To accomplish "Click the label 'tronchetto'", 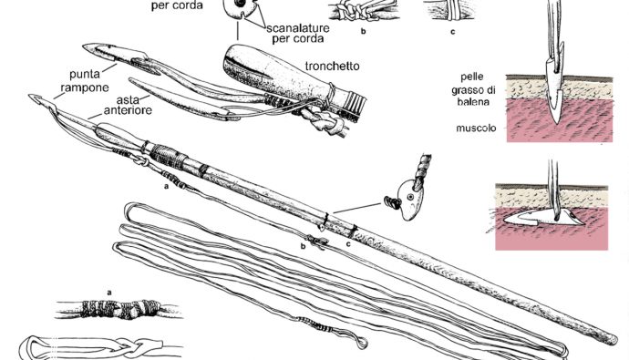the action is point(332,66).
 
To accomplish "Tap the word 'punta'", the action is point(84,75).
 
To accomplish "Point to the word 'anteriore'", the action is point(128,110).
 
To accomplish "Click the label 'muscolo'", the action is point(476,129).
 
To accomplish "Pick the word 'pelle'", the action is point(472,77).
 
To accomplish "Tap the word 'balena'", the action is point(473,102).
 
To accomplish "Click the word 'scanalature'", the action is point(298,28).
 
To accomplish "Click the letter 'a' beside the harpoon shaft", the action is point(165,186).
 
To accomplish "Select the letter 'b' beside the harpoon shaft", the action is point(304,245).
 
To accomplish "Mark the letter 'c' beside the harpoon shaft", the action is point(348,243).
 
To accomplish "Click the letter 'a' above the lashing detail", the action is point(109,293).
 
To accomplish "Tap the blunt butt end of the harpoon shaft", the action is point(612,339).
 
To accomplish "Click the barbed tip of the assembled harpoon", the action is point(34,98).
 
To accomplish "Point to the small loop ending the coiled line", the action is point(361,343).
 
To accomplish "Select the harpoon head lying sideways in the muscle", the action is point(543,217).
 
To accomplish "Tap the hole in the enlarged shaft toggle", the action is point(410,197).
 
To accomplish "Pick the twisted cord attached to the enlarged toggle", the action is point(422,170).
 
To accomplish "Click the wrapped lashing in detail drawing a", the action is point(121,309).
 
